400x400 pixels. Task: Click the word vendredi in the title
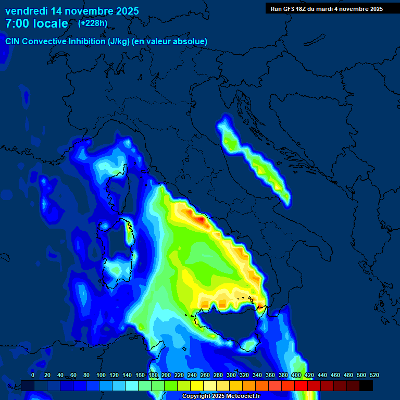coord(26,11)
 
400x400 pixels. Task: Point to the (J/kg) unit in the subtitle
coord(119,41)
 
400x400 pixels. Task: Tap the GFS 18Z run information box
coord(327,8)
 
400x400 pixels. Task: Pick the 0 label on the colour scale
coord(33,375)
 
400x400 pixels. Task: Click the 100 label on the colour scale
coord(101,375)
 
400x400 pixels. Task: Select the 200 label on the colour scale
coord(166,375)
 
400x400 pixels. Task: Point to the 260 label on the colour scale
coord(205,375)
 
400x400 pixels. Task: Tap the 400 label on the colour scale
coord(296,375)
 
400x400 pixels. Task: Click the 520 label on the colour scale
coord(374,375)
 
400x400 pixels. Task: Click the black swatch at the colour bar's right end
coord(366,385)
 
